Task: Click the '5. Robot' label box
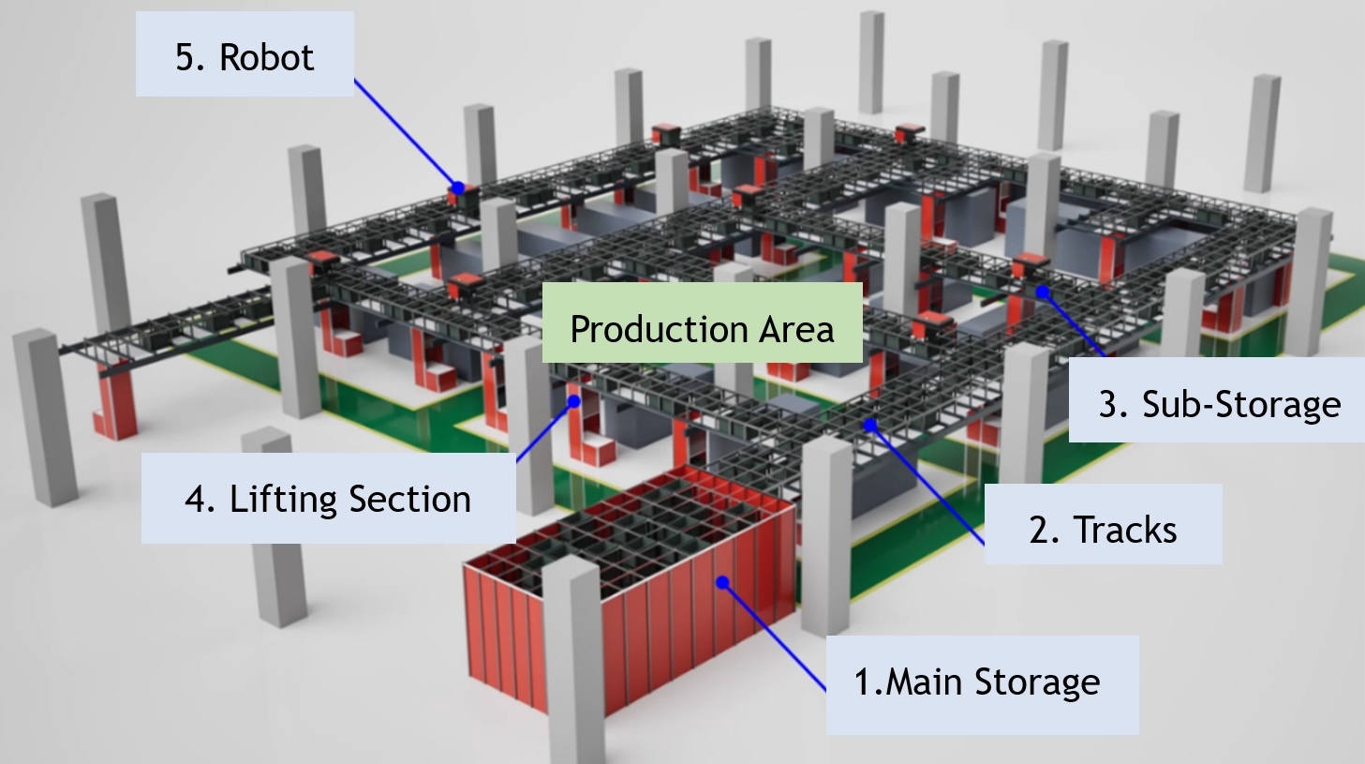[x=245, y=54]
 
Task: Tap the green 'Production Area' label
[x=702, y=323]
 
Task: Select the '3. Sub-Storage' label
[x=1218, y=401]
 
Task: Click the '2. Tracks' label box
[x=1103, y=525]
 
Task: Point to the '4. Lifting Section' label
[x=328, y=499]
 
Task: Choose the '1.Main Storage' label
[x=982, y=684]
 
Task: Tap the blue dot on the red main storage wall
[x=722, y=582]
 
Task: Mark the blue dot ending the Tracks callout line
[x=870, y=426]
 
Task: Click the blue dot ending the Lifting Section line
[x=574, y=401]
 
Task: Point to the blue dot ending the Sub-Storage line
[x=1043, y=292]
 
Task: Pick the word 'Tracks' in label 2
[x=1125, y=530]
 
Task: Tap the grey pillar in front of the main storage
[x=573, y=656]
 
